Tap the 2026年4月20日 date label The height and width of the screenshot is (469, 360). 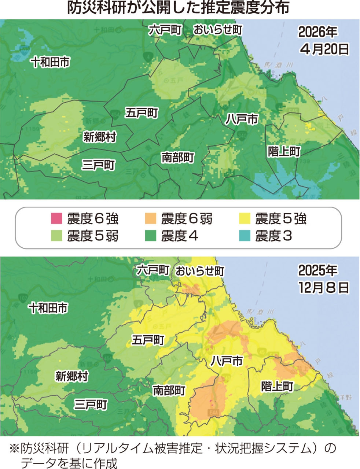[323, 40]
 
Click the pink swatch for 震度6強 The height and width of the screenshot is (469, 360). [56, 219]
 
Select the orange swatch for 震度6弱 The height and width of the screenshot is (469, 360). [151, 219]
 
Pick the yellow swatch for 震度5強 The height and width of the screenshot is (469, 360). [245, 219]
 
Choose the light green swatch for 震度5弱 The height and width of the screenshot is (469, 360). [56, 236]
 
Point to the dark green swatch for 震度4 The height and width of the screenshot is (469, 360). [151, 236]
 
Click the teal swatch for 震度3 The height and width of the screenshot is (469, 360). [245, 236]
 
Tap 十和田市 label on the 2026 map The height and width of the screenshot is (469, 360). [50, 62]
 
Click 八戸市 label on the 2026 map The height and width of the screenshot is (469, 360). [242, 119]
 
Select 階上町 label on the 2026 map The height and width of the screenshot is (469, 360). [284, 151]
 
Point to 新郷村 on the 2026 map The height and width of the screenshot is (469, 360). [100, 137]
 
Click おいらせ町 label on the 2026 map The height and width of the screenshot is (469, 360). [218, 30]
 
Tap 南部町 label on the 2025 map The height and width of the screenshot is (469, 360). [169, 390]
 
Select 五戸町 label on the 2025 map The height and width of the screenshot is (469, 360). [148, 340]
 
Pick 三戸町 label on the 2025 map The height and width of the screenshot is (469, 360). [91, 405]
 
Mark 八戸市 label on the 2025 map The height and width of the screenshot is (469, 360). [227, 361]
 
